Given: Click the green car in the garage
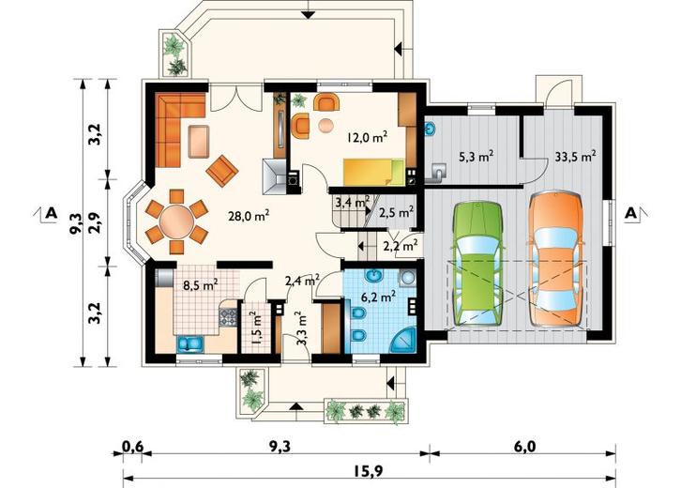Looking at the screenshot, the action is [x=477, y=264].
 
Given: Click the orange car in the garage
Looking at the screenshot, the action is [x=556, y=259].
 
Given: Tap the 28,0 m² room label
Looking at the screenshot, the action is [x=250, y=216].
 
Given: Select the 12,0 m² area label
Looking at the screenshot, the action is [x=367, y=137].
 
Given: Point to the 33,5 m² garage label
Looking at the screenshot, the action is [x=575, y=156].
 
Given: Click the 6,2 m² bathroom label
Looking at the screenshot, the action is [x=378, y=297].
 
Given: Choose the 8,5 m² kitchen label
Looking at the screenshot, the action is [x=200, y=285].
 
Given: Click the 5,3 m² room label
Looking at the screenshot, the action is [x=476, y=157].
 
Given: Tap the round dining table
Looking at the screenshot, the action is [x=176, y=221].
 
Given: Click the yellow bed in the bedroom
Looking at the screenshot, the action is [x=373, y=172].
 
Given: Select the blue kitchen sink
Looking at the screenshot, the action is [x=189, y=343].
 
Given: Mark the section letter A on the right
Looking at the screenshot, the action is [x=631, y=213].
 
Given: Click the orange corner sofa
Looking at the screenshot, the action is [x=179, y=130].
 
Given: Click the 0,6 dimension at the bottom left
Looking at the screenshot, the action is [x=132, y=446].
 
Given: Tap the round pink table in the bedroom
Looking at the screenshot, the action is [x=325, y=125].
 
